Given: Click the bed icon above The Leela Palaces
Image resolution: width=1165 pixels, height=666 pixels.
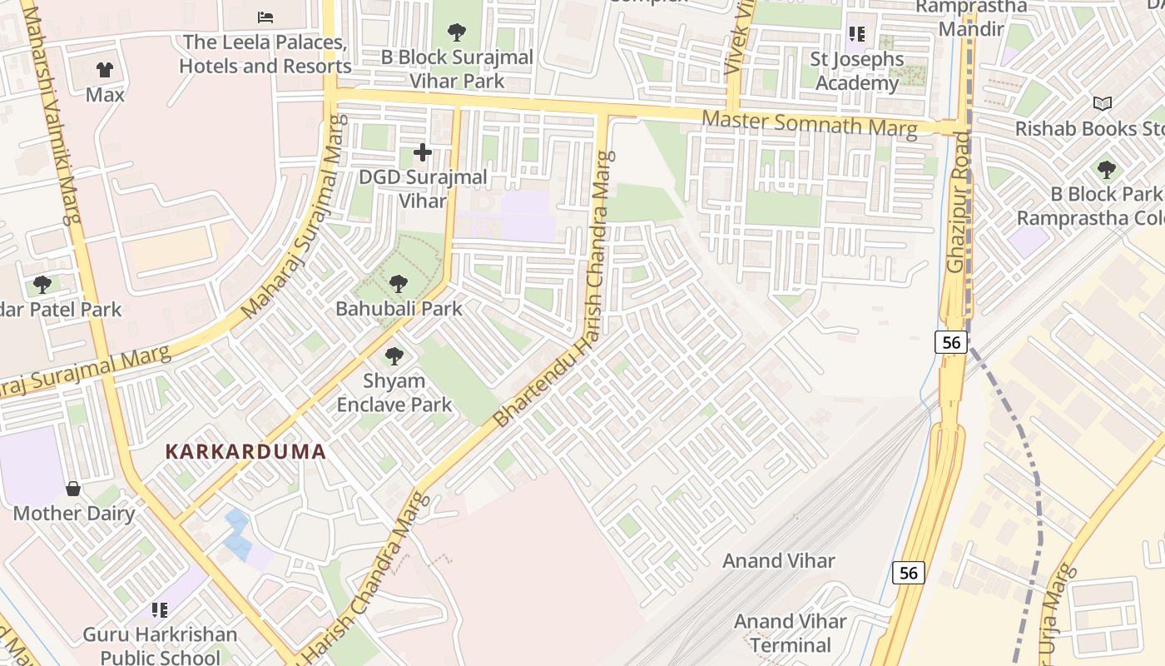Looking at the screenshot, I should click(x=265, y=17).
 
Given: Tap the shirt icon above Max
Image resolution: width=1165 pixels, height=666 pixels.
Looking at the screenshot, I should click(x=105, y=70).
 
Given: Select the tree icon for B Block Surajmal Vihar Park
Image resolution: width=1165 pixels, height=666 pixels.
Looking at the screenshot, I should click(x=456, y=32).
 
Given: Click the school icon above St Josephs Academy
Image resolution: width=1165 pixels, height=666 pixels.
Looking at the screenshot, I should click(x=857, y=34).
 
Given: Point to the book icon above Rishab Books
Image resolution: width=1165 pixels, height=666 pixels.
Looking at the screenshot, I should click(x=1103, y=104).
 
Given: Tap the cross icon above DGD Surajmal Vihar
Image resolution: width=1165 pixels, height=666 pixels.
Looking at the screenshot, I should click(x=423, y=152).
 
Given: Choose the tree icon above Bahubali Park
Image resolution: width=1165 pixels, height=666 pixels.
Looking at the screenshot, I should click(x=399, y=284).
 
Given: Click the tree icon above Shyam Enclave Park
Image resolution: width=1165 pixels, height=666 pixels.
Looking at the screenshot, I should click(x=394, y=356).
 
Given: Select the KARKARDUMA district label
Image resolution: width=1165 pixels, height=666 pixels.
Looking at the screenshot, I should click(x=245, y=452).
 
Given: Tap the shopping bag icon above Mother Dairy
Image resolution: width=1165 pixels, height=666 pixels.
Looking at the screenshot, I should click(x=73, y=489).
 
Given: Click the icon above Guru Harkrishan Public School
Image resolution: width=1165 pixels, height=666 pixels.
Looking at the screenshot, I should click(x=159, y=610).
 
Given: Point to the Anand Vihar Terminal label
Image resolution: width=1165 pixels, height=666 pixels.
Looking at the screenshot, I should click(x=790, y=634).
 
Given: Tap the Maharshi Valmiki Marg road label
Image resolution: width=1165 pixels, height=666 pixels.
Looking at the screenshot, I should click(x=62, y=112).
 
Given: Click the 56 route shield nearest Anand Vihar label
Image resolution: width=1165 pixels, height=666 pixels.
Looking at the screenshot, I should click(x=909, y=573).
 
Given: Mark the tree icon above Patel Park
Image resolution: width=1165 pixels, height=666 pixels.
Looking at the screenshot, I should click(x=42, y=285).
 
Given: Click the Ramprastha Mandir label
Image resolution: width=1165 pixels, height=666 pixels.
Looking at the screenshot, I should click(x=971, y=17).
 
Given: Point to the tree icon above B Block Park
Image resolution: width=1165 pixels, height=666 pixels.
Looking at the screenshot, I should click(x=1106, y=170).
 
